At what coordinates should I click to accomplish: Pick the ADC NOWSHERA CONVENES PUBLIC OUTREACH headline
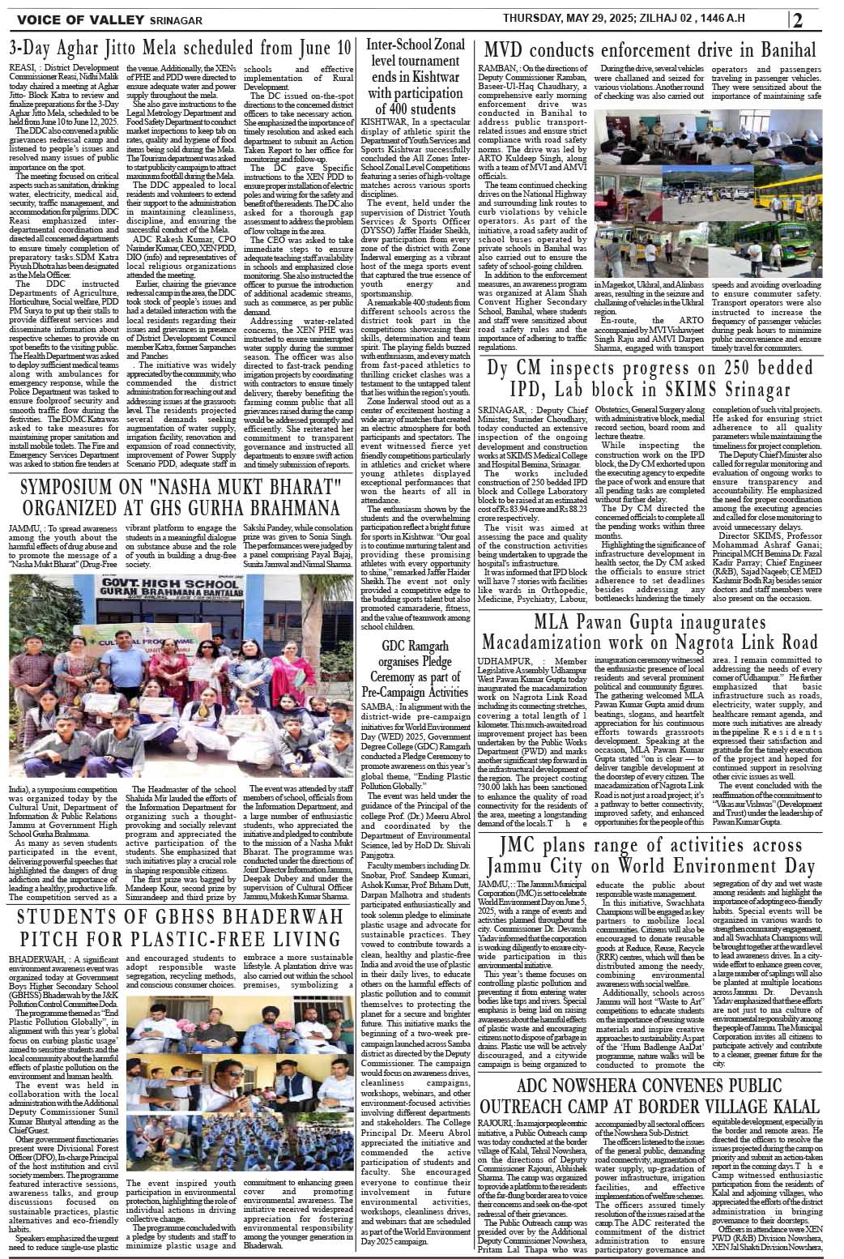coord(645,1097)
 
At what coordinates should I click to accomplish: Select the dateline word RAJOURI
coord(498,1122)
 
